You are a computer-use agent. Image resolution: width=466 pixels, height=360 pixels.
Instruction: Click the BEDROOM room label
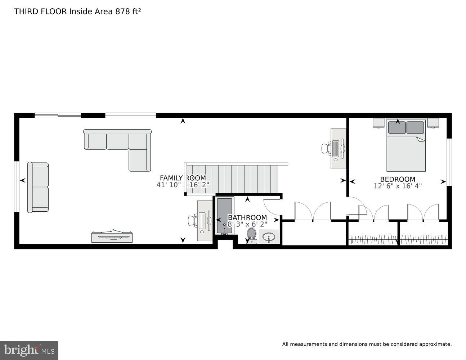398,179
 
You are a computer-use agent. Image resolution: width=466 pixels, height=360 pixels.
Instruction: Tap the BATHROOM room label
247,217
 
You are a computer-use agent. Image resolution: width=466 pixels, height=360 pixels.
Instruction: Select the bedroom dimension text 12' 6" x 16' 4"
398,186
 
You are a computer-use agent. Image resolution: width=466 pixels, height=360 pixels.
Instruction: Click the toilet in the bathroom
251,235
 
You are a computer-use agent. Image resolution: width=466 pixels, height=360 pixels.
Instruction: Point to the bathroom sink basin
269,237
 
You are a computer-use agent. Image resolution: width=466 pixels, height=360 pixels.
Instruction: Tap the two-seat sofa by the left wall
38,187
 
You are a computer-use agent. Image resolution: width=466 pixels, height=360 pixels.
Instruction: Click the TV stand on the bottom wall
112,237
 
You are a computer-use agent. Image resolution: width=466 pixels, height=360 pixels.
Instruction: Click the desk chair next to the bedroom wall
326,148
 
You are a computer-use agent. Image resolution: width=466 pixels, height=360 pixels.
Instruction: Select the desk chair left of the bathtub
192,220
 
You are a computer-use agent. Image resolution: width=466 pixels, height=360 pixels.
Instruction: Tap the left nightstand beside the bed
378,123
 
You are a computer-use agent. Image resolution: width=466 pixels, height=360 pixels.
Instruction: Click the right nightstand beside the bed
433,123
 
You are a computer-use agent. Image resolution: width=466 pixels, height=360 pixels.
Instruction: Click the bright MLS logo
29,350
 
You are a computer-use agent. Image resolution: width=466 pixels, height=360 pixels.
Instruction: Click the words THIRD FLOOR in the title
40,11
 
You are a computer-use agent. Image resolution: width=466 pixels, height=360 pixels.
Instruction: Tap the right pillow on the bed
415,127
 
